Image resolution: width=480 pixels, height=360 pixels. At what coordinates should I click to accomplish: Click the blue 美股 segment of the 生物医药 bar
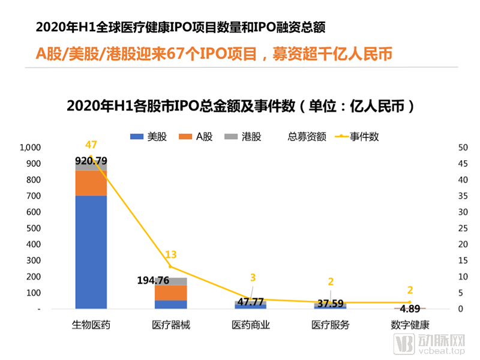tap(91, 252)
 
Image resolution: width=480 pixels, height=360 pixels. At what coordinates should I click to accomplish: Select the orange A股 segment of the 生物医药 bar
tap(91, 183)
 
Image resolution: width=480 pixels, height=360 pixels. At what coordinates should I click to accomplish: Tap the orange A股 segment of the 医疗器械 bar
tap(171, 292)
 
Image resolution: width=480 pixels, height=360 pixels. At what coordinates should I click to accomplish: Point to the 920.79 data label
tap(91, 160)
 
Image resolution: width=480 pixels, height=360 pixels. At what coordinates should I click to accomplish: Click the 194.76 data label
tap(154, 280)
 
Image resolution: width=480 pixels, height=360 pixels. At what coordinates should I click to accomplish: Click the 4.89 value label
tap(410, 310)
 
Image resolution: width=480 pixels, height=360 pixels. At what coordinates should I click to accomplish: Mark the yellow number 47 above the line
tap(91, 145)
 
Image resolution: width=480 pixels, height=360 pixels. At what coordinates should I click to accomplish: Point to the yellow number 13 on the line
tap(171, 254)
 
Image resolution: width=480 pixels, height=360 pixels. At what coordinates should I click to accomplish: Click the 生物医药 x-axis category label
tap(91, 325)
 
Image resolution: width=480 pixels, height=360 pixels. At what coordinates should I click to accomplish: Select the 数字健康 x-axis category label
tap(410, 325)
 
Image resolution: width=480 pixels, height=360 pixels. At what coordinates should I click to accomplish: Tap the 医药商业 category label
tap(251, 325)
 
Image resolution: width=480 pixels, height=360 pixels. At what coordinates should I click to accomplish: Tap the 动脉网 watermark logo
tap(429, 343)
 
